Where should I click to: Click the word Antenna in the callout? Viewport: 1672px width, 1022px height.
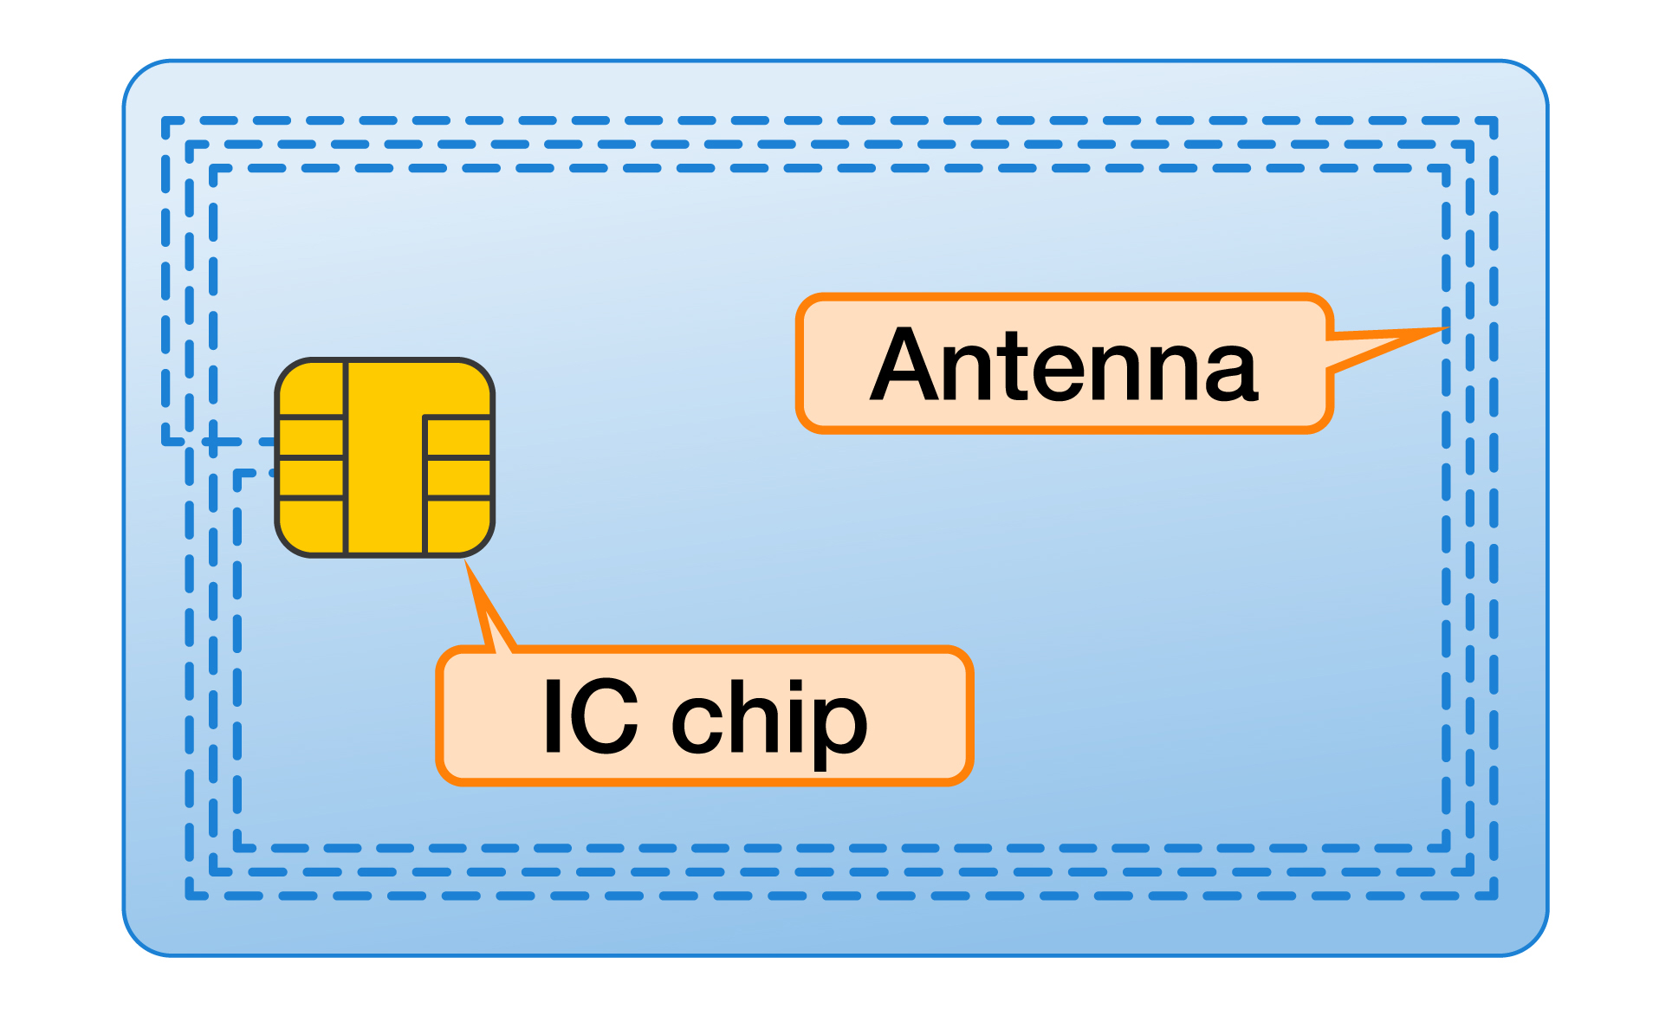1064,366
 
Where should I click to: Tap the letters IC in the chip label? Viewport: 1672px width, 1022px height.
590,717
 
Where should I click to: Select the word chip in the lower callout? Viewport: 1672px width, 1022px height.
768,721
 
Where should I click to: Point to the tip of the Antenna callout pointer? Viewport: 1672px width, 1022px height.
1447,329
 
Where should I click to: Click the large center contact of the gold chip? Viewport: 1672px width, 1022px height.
386,459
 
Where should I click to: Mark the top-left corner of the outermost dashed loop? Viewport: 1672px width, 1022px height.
165,121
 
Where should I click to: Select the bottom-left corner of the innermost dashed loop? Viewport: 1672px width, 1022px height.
238,847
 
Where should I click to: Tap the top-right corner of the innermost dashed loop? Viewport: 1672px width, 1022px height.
1446,169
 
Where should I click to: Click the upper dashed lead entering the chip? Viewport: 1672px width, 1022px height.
243,442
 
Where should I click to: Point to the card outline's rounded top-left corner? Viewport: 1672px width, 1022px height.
139,76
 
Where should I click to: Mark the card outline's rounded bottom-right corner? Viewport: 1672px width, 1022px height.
1532,941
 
